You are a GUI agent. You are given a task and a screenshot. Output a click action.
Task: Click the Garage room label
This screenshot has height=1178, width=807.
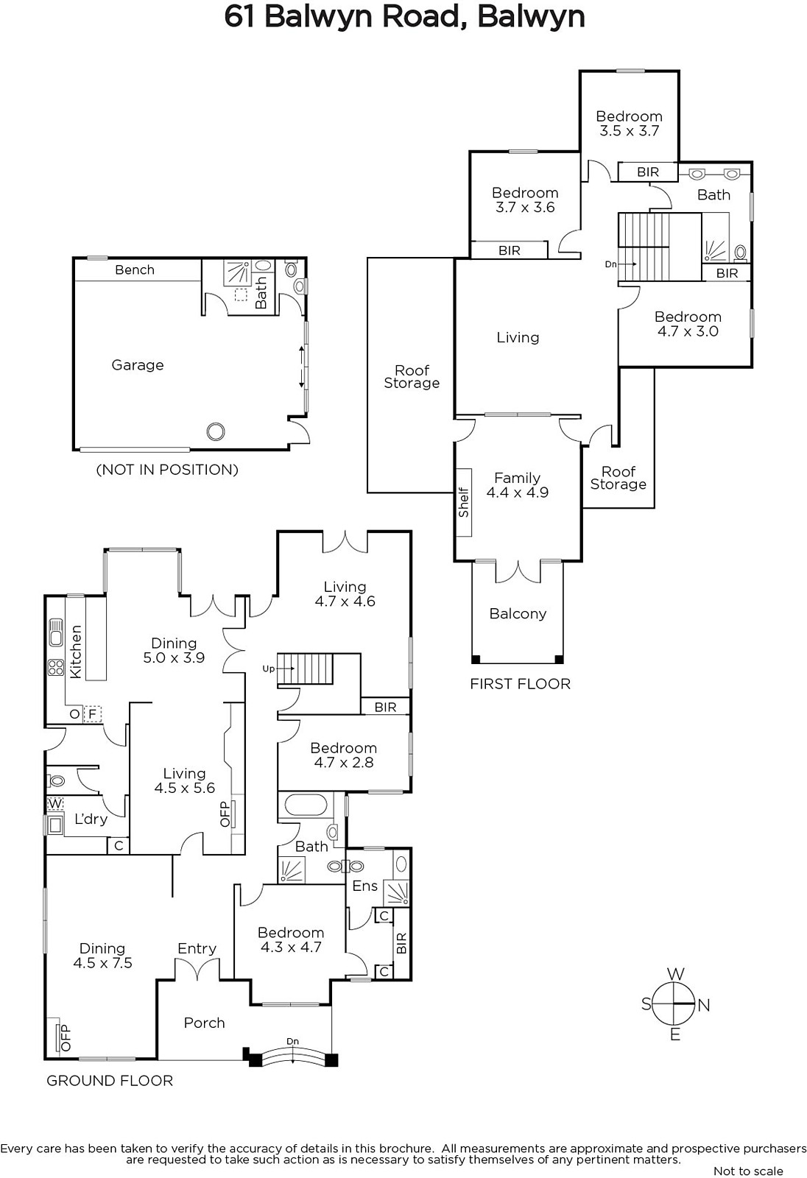click(137, 365)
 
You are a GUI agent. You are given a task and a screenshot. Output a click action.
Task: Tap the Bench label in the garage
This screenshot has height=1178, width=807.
click(135, 269)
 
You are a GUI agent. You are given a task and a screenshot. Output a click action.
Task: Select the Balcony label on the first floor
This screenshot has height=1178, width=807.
click(518, 614)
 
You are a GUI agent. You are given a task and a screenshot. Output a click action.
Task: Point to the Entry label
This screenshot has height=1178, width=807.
click(197, 949)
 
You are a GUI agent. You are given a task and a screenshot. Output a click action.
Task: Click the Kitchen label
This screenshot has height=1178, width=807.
click(76, 652)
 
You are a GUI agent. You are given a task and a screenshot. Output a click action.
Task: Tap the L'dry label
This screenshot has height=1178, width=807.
click(91, 819)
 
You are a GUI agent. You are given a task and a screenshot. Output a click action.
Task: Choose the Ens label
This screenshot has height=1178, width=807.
click(365, 886)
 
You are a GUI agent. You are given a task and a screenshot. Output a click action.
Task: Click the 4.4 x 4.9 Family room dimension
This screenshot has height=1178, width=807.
click(517, 493)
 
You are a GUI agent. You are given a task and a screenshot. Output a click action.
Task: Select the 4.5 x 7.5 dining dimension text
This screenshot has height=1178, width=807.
click(102, 963)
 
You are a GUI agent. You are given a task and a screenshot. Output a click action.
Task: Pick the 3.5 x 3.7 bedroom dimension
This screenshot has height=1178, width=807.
click(630, 131)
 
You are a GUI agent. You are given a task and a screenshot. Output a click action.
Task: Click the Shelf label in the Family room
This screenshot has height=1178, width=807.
click(463, 503)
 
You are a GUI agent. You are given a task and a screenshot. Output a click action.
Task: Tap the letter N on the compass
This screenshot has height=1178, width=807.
click(704, 1006)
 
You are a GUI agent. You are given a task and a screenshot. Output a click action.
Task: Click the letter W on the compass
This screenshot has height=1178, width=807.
click(675, 974)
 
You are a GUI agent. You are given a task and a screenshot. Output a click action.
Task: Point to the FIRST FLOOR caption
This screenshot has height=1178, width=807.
click(520, 684)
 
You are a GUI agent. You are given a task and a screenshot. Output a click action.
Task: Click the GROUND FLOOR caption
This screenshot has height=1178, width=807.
click(110, 1081)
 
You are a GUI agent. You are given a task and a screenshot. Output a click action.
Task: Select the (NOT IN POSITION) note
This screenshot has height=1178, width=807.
click(167, 470)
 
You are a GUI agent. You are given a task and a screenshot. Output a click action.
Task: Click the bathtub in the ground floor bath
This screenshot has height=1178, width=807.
click(306, 805)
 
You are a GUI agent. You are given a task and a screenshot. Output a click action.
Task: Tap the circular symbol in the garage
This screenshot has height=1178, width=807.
click(216, 431)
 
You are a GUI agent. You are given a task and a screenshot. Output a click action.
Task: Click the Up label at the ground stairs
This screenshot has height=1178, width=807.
click(268, 669)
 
